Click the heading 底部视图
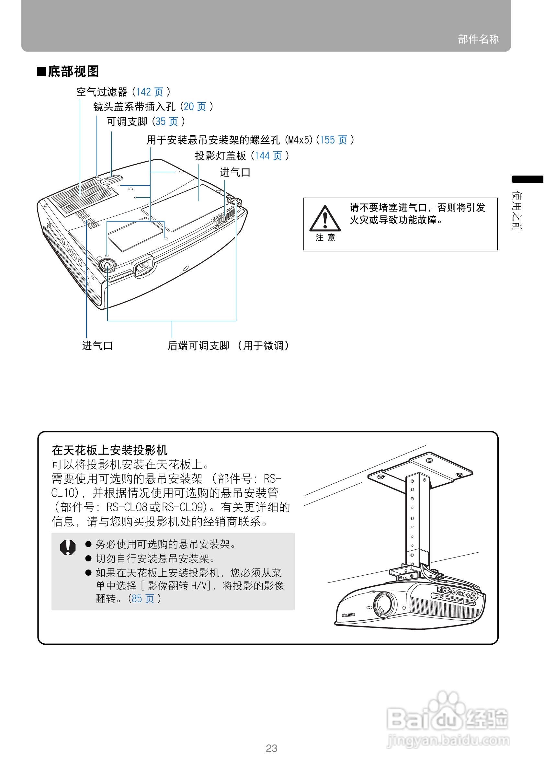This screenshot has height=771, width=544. (x=73, y=72)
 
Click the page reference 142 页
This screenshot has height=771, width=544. (x=149, y=92)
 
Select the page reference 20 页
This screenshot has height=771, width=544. (x=195, y=107)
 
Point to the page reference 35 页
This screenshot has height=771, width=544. (x=166, y=121)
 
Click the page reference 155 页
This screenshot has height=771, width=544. (x=333, y=140)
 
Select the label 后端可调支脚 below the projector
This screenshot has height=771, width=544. (x=198, y=346)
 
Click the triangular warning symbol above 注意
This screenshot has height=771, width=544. (x=325, y=219)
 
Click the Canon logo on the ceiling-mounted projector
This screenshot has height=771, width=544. (x=348, y=615)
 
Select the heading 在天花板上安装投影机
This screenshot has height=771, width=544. (x=109, y=450)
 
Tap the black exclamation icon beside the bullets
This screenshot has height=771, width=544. (x=68, y=547)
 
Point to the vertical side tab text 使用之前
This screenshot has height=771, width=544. (x=516, y=211)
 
